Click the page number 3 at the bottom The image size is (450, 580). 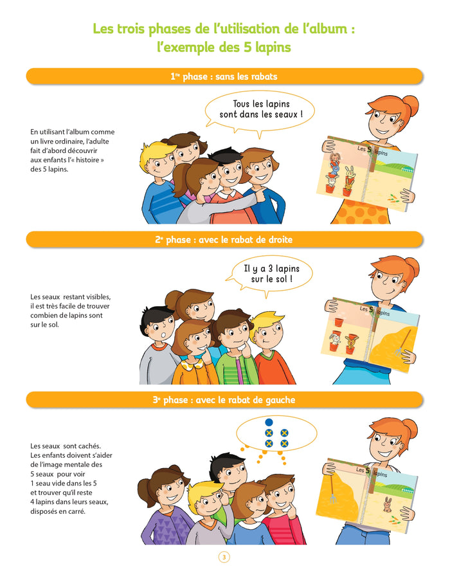tap(224, 557)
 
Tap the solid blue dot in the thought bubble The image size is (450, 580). tap(269, 422)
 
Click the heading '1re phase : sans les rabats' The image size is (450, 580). tap(224, 77)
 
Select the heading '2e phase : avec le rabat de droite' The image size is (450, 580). tap(224, 240)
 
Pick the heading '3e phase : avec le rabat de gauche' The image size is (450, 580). tap(224, 400)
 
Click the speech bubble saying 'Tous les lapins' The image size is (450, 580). tap(260, 109)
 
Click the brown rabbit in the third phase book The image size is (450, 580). tap(387, 505)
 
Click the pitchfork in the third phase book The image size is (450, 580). tap(332, 488)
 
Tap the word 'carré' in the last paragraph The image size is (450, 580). tap(76, 512)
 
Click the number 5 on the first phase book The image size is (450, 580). tap(370, 149)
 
